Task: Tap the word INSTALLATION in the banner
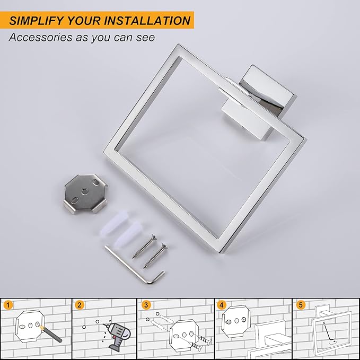coord(147,21)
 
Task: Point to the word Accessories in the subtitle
coord(40,37)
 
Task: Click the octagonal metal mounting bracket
coord(85,194)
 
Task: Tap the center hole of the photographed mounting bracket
coord(85,191)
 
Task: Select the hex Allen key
coord(135,265)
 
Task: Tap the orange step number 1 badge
coord(8,305)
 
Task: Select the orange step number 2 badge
coord(80,305)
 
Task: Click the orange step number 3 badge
coord(146,305)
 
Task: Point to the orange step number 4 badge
coord(221,305)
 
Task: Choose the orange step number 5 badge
coord(301,305)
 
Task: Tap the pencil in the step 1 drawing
coord(50,334)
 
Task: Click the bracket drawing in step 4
coord(236,321)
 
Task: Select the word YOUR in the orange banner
coord(84,21)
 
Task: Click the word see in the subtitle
coord(146,38)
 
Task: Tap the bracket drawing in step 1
coord(30,326)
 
